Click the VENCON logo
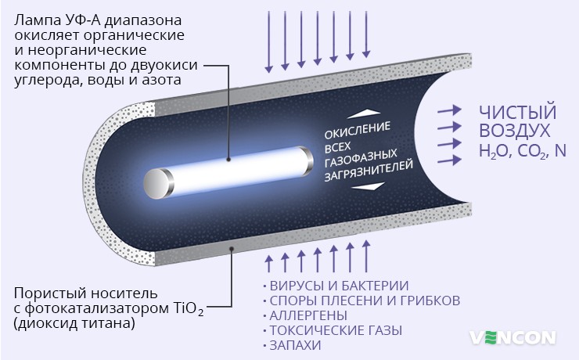[x=513, y=338]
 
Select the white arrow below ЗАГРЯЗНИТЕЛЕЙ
[x=374, y=186]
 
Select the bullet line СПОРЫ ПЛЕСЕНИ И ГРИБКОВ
[x=363, y=300]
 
